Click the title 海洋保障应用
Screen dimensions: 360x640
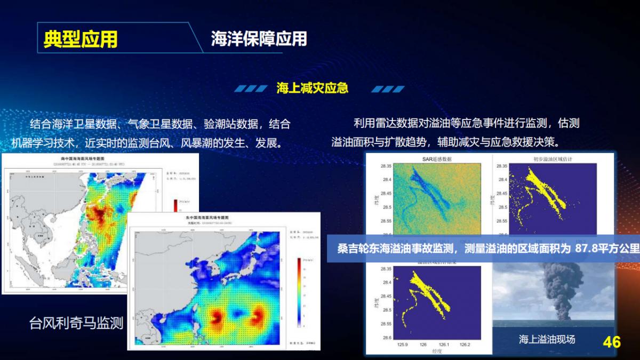pos(259,39)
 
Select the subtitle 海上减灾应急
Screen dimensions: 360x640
pos(312,88)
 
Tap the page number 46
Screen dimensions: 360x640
pos(611,342)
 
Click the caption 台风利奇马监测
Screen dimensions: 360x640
pos(76,323)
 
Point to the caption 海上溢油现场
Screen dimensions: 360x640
pos(547,339)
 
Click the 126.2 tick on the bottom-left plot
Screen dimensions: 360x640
pos(465,345)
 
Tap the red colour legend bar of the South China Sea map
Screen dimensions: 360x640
pos(175,206)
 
